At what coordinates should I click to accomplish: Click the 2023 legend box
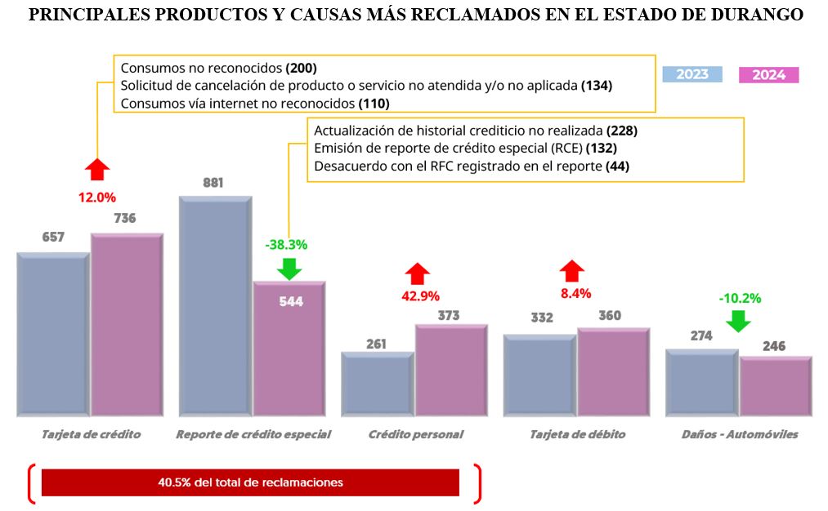pyautogui.click(x=691, y=74)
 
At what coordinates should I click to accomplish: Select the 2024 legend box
pyautogui.click(x=768, y=75)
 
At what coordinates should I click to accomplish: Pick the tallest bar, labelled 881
pyautogui.click(x=215, y=305)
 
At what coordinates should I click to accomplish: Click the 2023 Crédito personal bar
pyautogui.click(x=377, y=384)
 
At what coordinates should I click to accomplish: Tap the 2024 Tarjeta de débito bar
pyautogui.click(x=613, y=371)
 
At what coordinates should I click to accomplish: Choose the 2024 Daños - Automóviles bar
pyautogui.click(x=775, y=386)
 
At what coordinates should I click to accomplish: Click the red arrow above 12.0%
pyautogui.click(x=97, y=169)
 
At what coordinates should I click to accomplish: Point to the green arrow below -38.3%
pyautogui.click(x=289, y=268)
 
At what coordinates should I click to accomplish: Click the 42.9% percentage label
pyautogui.click(x=420, y=295)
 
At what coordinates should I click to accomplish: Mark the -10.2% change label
pyautogui.click(x=740, y=298)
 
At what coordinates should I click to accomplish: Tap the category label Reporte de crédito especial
pyautogui.click(x=253, y=434)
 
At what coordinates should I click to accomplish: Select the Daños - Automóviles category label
pyautogui.click(x=739, y=434)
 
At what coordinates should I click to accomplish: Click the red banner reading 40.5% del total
pyautogui.click(x=250, y=482)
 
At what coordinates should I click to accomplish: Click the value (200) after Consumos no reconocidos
pyautogui.click(x=301, y=68)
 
